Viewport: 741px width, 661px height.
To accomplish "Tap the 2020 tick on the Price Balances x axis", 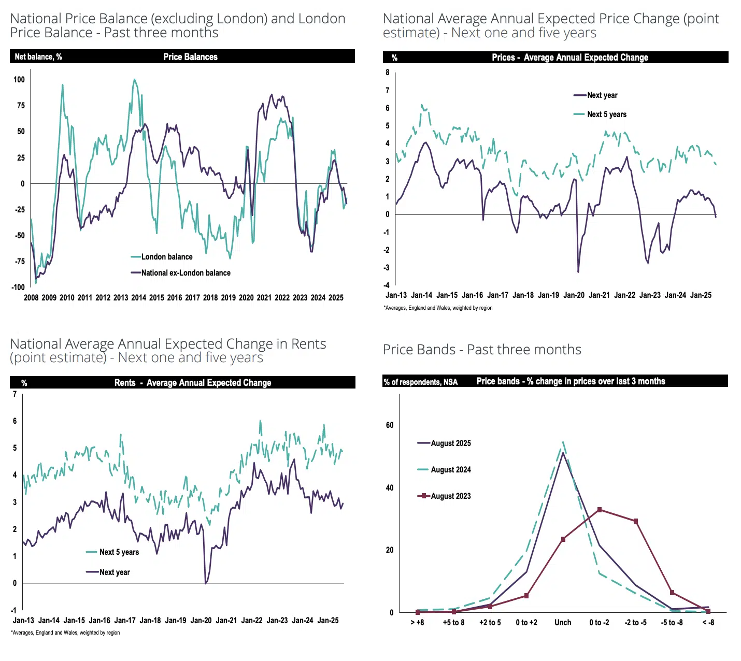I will (x=246, y=298).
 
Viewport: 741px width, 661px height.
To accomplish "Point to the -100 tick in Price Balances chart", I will (x=19, y=287).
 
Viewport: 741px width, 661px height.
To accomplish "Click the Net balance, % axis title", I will (x=38, y=57).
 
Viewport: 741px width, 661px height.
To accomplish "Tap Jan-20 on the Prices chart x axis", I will (x=574, y=295).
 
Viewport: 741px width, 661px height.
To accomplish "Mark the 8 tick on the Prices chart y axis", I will (x=387, y=73).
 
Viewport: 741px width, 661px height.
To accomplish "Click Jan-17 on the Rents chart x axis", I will (x=125, y=621).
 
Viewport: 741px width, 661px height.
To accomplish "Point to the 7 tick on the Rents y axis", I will (x=15, y=394).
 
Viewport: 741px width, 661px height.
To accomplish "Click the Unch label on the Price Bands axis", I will (x=563, y=623).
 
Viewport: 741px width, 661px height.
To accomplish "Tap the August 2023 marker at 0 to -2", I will (x=600, y=510).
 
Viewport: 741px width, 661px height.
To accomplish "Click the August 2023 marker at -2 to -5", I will (x=636, y=521).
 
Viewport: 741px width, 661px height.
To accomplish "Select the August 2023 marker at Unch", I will (x=563, y=539).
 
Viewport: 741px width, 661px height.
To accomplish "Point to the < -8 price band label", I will (x=708, y=623).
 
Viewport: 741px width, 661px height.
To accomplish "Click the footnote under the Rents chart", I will (x=65, y=633).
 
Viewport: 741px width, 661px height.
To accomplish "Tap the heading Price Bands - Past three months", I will (x=482, y=350).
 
